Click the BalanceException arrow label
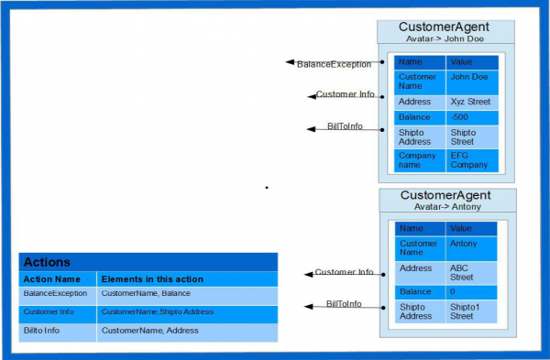[x=334, y=64]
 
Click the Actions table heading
[x=47, y=262]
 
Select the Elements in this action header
[x=152, y=278]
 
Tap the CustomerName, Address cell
[x=144, y=330]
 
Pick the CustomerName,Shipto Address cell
[x=158, y=311]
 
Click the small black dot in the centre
[x=267, y=188]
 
